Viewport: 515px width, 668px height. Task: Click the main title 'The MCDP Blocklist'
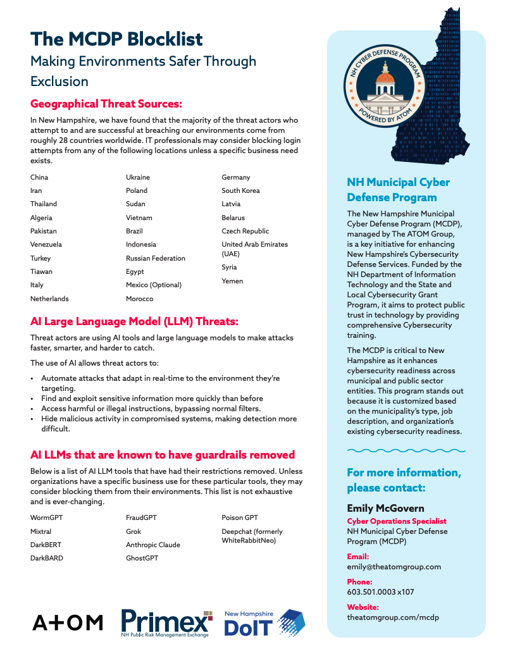point(116,39)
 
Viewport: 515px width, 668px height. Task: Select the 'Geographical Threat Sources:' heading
point(106,104)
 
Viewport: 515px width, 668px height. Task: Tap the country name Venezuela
point(46,244)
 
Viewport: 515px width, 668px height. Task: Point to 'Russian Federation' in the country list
point(156,258)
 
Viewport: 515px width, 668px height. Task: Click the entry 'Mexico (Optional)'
point(154,285)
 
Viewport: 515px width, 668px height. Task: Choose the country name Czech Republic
point(245,231)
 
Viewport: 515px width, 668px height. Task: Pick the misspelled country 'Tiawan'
point(42,271)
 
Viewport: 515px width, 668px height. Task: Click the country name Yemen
point(232,281)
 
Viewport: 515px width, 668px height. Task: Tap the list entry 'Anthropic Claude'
point(153,545)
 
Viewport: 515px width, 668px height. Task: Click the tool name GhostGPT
point(142,558)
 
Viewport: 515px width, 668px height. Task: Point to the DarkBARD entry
point(47,558)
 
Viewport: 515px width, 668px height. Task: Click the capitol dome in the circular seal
point(385,83)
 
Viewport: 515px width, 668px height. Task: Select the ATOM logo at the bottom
point(68,623)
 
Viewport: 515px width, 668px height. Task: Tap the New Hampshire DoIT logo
point(264,624)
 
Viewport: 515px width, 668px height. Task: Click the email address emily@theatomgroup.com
point(394,567)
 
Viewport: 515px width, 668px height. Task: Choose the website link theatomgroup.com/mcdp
point(392,617)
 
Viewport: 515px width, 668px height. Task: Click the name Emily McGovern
point(385,508)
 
